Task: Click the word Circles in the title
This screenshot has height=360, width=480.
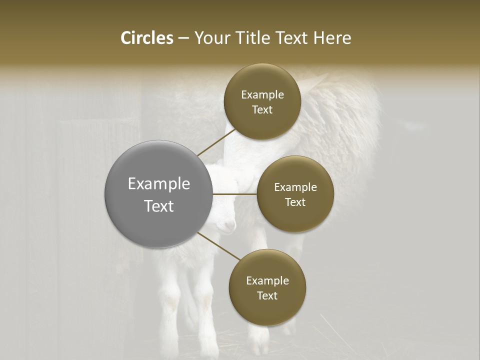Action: [x=146, y=38]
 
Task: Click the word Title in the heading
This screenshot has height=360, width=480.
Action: [x=252, y=38]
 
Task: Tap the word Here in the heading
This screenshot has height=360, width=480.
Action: [x=332, y=38]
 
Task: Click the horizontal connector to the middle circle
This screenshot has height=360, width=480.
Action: [x=234, y=194]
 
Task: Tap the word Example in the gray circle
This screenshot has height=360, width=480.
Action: [x=158, y=184]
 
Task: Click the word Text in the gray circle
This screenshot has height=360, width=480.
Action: [x=158, y=206]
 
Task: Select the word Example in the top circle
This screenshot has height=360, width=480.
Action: [x=262, y=94]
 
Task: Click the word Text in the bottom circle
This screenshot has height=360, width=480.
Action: [x=267, y=295]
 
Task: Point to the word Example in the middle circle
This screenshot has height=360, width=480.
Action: [x=295, y=187]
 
